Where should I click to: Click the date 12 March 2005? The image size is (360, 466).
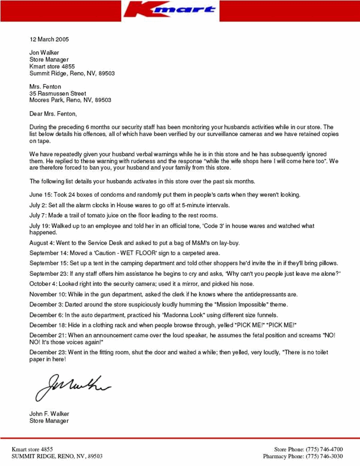(x=49, y=39)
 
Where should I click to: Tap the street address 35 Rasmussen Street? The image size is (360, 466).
(x=57, y=94)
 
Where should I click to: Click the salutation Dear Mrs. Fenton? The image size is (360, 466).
(x=53, y=114)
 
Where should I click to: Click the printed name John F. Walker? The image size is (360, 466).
(x=49, y=414)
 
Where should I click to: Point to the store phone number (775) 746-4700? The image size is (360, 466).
(x=324, y=449)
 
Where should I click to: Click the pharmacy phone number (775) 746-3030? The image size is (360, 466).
(x=324, y=456)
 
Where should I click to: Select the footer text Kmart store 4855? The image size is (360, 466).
(x=32, y=449)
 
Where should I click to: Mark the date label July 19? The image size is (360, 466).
(x=41, y=226)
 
